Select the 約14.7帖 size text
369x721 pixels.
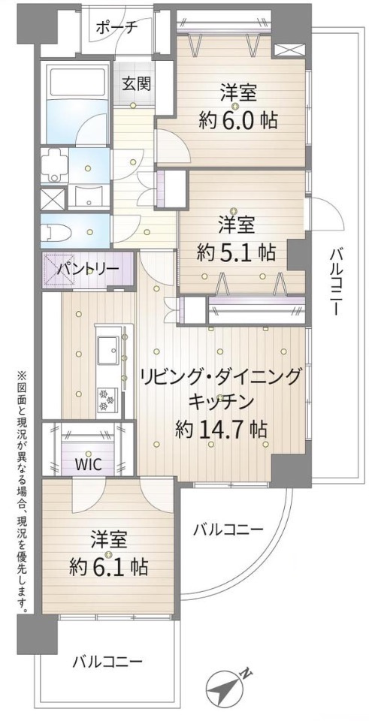pos(221,429)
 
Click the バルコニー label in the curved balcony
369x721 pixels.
pos(228,529)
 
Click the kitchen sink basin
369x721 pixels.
pos(106,348)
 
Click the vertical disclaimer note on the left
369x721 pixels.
pos(21,492)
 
